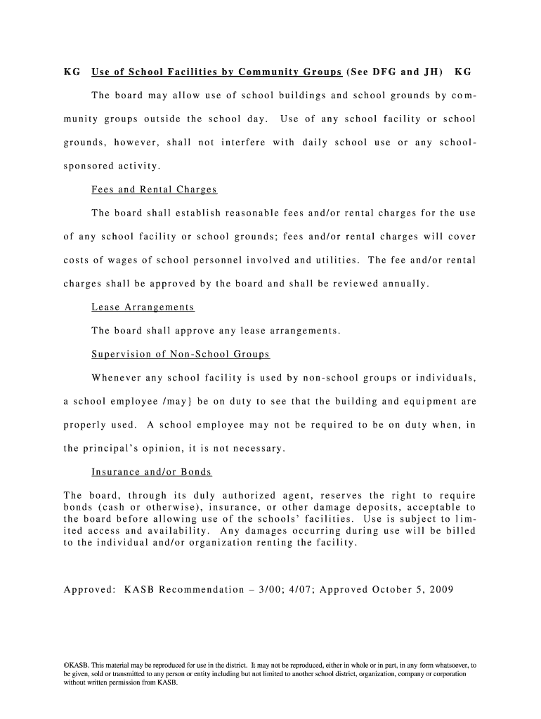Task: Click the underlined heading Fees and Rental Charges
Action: pos(154,190)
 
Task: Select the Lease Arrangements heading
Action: pos(143,308)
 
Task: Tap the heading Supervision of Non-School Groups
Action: pos(181,355)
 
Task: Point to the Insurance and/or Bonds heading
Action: pos(152,472)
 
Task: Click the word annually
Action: pos(404,284)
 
